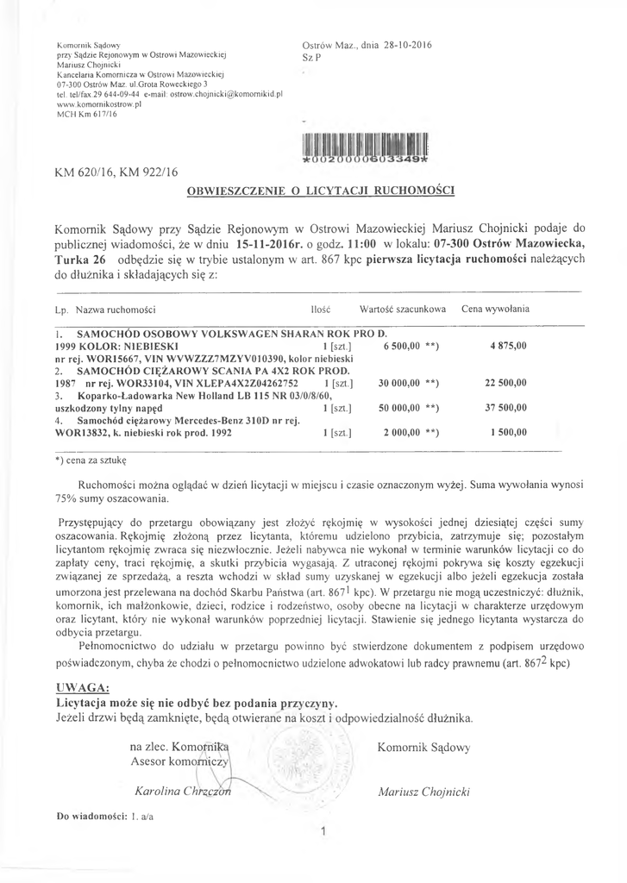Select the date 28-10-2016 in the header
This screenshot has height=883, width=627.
coord(404,44)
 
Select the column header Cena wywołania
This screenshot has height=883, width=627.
coord(496,309)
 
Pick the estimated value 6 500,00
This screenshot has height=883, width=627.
coord(404,345)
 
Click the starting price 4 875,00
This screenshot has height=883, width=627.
coord(508,345)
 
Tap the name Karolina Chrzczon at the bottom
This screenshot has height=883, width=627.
coord(183,791)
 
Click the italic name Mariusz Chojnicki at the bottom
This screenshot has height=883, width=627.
coord(423,791)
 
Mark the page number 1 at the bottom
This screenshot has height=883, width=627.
coord(321,832)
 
